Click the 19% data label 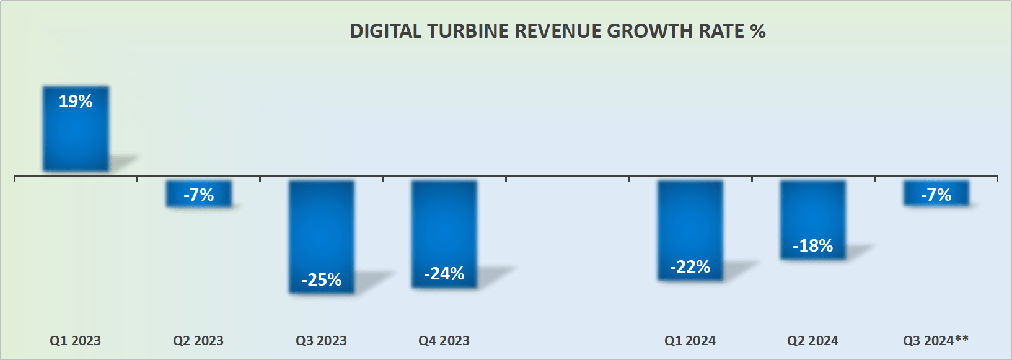[76, 101]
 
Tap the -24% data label [444, 273]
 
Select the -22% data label [690, 266]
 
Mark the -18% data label [813, 245]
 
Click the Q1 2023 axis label [76, 341]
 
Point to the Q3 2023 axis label [321, 341]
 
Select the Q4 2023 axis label [444, 341]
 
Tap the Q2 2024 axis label [812, 341]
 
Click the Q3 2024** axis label [936, 341]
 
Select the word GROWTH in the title [650, 31]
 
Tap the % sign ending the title [758, 31]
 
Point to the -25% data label [322, 279]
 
